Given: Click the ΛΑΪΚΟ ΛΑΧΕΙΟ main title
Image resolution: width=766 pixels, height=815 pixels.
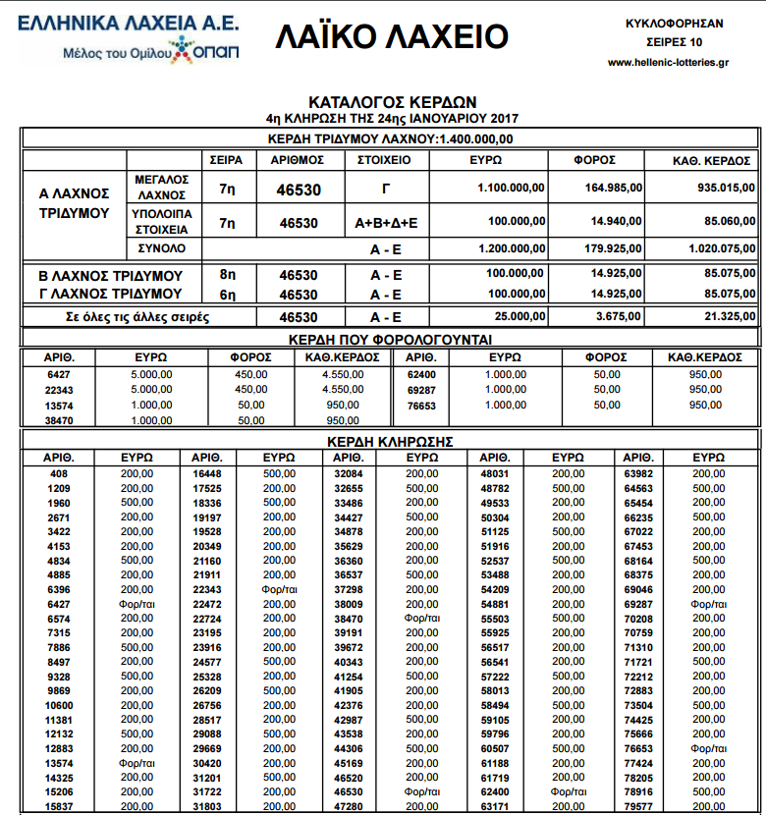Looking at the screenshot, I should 391,36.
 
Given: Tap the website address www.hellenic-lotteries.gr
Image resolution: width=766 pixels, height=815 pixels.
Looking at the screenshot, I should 668,62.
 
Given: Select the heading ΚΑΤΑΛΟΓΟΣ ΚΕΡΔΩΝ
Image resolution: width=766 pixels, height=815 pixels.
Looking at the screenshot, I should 392,101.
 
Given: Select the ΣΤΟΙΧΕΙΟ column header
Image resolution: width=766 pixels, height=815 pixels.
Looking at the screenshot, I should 378,159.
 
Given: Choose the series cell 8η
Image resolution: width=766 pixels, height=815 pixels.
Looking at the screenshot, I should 228,275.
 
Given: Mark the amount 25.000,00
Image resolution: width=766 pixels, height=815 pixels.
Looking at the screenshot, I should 518,317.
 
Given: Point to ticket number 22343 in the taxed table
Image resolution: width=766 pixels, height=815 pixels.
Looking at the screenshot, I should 60,389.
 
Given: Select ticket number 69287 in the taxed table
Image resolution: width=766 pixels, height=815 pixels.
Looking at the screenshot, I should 421,389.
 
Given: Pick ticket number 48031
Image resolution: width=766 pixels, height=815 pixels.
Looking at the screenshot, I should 496,473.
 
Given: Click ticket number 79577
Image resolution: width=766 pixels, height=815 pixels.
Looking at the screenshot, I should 639,807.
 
